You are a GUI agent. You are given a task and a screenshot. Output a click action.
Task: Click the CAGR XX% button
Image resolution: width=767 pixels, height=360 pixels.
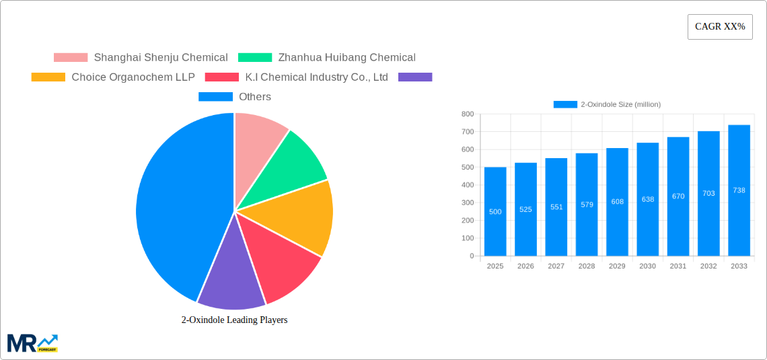pos(720,27)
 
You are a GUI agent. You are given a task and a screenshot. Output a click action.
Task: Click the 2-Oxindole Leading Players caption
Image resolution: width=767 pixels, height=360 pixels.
pos(234,320)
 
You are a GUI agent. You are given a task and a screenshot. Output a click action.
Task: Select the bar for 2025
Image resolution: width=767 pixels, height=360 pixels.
pos(495,212)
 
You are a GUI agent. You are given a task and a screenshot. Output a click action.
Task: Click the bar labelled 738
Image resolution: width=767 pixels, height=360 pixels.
pos(739,190)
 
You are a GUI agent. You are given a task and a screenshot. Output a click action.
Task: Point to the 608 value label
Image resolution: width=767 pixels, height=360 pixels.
pos(617,201)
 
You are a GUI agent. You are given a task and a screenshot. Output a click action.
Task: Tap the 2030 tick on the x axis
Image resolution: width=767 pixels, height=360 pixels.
pos(647,266)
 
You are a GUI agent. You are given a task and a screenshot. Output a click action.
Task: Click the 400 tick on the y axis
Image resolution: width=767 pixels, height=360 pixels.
pos(467,185)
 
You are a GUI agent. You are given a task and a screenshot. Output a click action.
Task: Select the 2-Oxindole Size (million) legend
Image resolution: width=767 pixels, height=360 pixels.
pos(607,104)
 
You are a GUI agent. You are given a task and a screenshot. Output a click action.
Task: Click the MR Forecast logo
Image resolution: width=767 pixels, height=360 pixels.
pos(32,343)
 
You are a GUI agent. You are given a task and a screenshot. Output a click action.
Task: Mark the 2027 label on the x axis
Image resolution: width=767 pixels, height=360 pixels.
pos(556,266)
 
